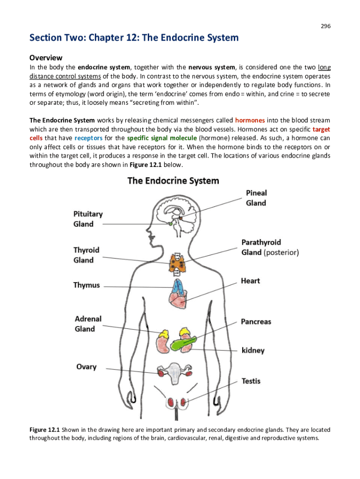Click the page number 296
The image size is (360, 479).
[325, 26]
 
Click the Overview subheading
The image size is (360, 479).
[46, 58]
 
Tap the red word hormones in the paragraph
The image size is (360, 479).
[250, 120]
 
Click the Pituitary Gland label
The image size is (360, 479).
[88, 218]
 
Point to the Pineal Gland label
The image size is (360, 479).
[256, 197]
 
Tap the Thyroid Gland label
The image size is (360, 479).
[86, 255]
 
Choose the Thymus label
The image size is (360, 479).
[86, 285]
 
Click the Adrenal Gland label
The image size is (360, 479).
[88, 324]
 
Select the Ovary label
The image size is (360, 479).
[86, 367]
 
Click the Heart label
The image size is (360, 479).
[251, 281]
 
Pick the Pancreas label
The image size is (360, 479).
[256, 322]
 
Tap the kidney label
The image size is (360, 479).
[253, 350]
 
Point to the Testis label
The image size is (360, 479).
[251, 381]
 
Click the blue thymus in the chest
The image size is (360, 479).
[179, 286]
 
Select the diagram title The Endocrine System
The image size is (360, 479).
[173, 181]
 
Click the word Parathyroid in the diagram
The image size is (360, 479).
[261, 242]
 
